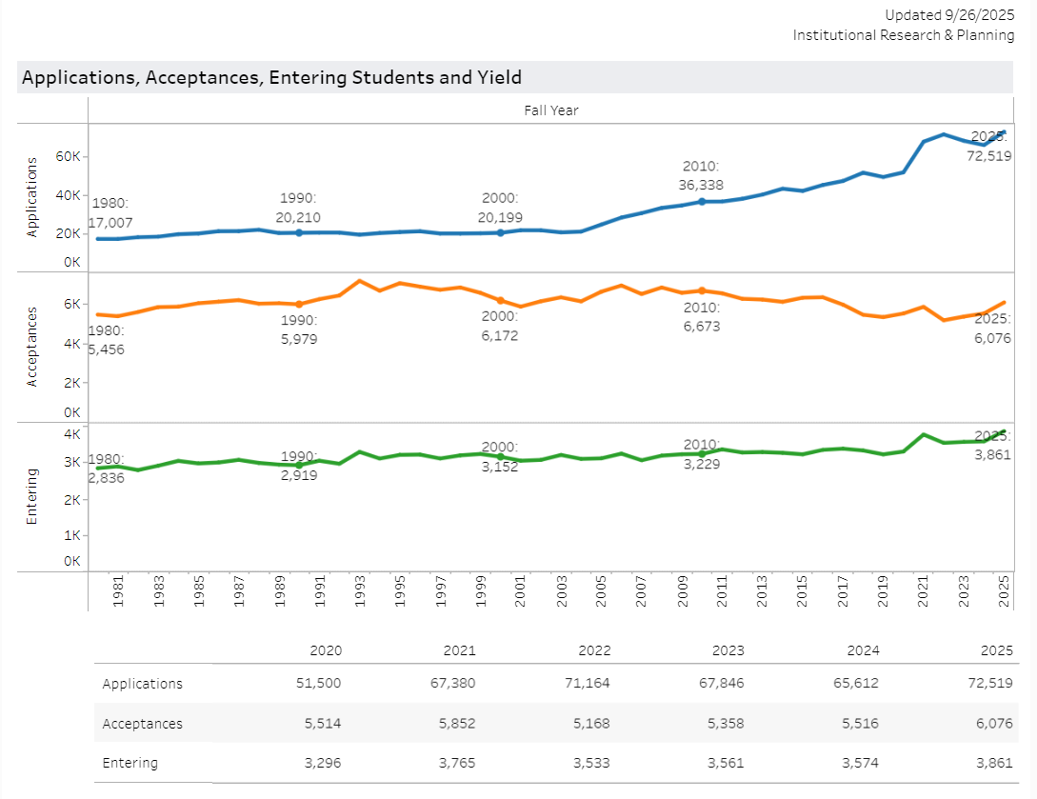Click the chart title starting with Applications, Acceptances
pos(271,78)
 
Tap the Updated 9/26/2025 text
pos(949,15)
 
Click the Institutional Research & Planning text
pos(904,35)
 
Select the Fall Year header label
pos(551,110)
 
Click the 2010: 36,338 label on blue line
pos(700,175)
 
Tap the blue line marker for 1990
pos(299,232)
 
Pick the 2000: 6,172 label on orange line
pos(499,326)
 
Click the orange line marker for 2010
pos(702,290)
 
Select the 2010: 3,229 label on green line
pos(701,454)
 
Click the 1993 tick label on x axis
pos(360,591)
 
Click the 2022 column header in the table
pos(593,651)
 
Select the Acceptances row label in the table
pos(142,724)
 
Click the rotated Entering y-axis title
pos(31,496)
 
